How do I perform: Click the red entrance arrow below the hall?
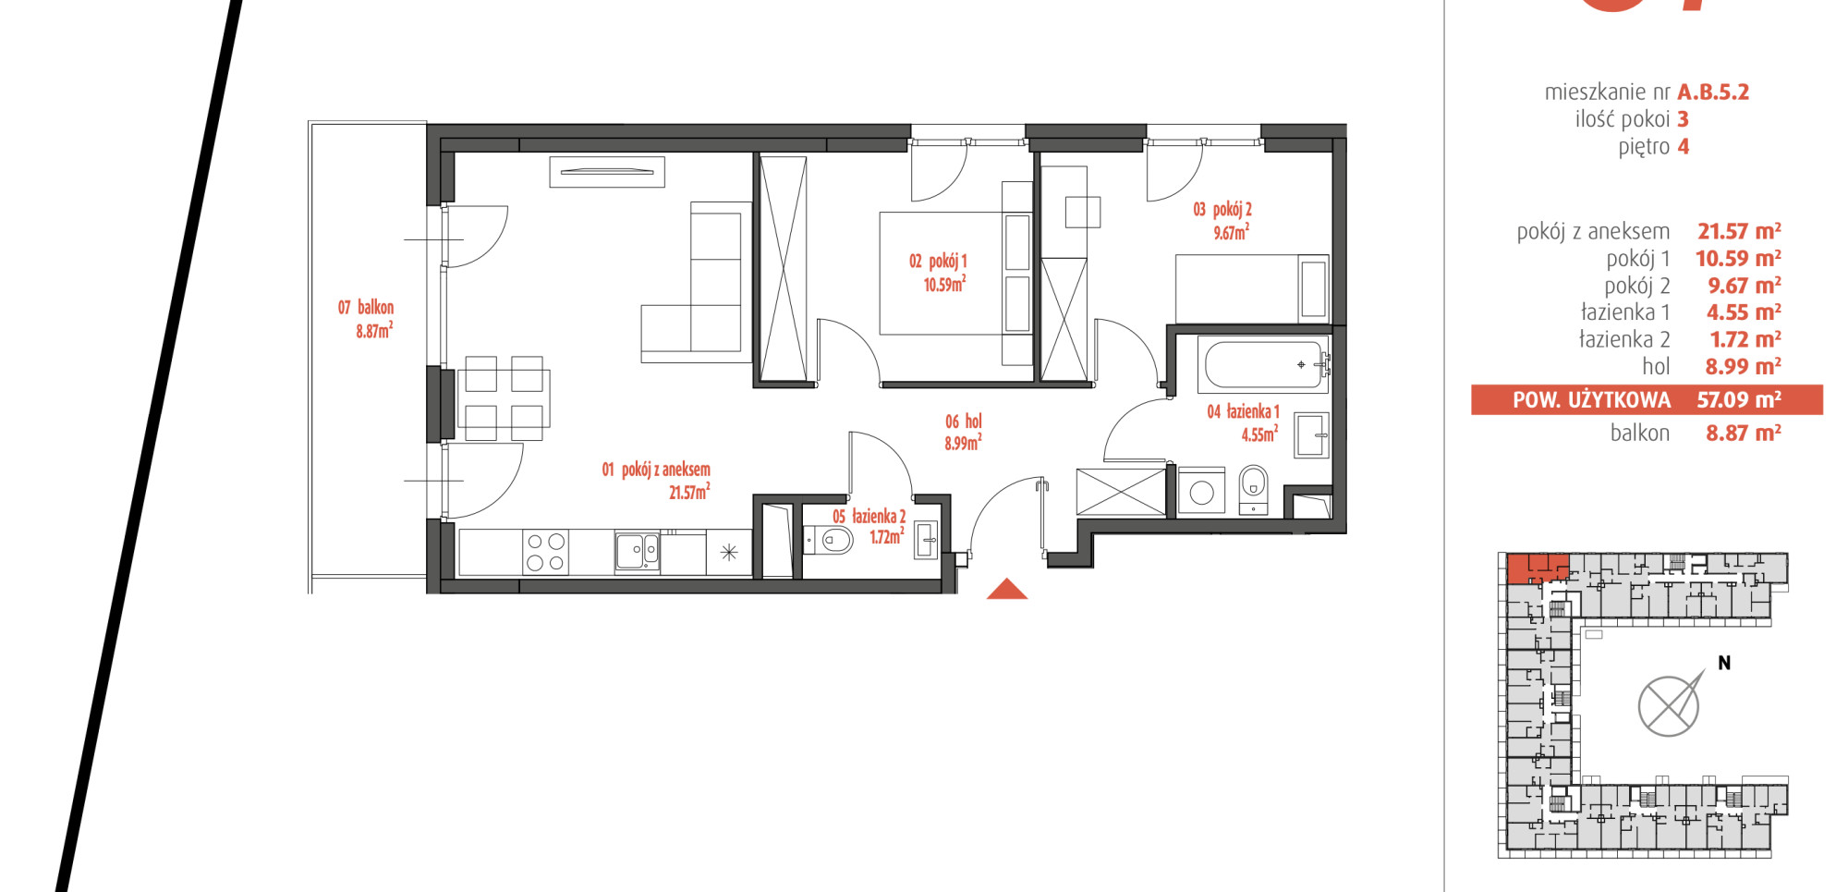pyautogui.click(x=1007, y=590)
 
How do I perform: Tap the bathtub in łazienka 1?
pyautogui.click(x=1264, y=364)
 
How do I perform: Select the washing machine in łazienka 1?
pyautogui.click(x=1201, y=491)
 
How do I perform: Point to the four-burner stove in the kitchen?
pyautogui.click(x=545, y=552)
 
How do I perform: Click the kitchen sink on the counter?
pyautogui.click(x=638, y=551)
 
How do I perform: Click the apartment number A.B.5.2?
pyautogui.click(x=1713, y=92)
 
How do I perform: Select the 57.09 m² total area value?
pyautogui.click(x=1739, y=399)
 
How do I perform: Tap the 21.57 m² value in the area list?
pyautogui.click(x=1739, y=231)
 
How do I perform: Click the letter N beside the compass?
pyautogui.click(x=1724, y=663)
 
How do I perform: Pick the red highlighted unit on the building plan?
pyautogui.click(x=1538, y=568)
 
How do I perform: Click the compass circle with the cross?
pyautogui.click(x=1668, y=706)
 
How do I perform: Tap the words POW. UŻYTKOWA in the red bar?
pyautogui.click(x=1591, y=400)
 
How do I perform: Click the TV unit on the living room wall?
pyautogui.click(x=607, y=172)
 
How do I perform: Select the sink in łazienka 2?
pyautogui.click(x=927, y=541)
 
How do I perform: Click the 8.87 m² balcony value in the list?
pyautogui.click(x=1744, y=433)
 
